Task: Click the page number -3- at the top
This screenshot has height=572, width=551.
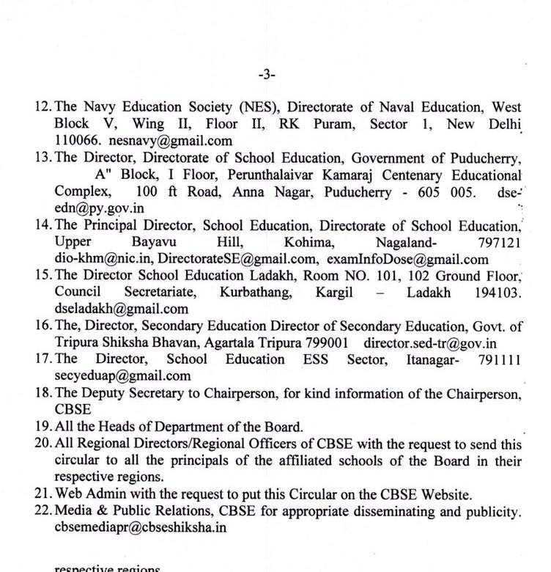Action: coord(267,74)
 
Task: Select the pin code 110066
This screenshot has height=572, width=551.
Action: coord(78,140)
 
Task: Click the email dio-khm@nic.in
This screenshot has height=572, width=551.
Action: coord(103,259)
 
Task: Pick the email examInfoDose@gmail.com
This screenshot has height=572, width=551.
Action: coord(407,259)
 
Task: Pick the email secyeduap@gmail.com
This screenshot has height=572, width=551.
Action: coord(122,376)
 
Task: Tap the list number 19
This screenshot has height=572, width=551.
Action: coord(42,427)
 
